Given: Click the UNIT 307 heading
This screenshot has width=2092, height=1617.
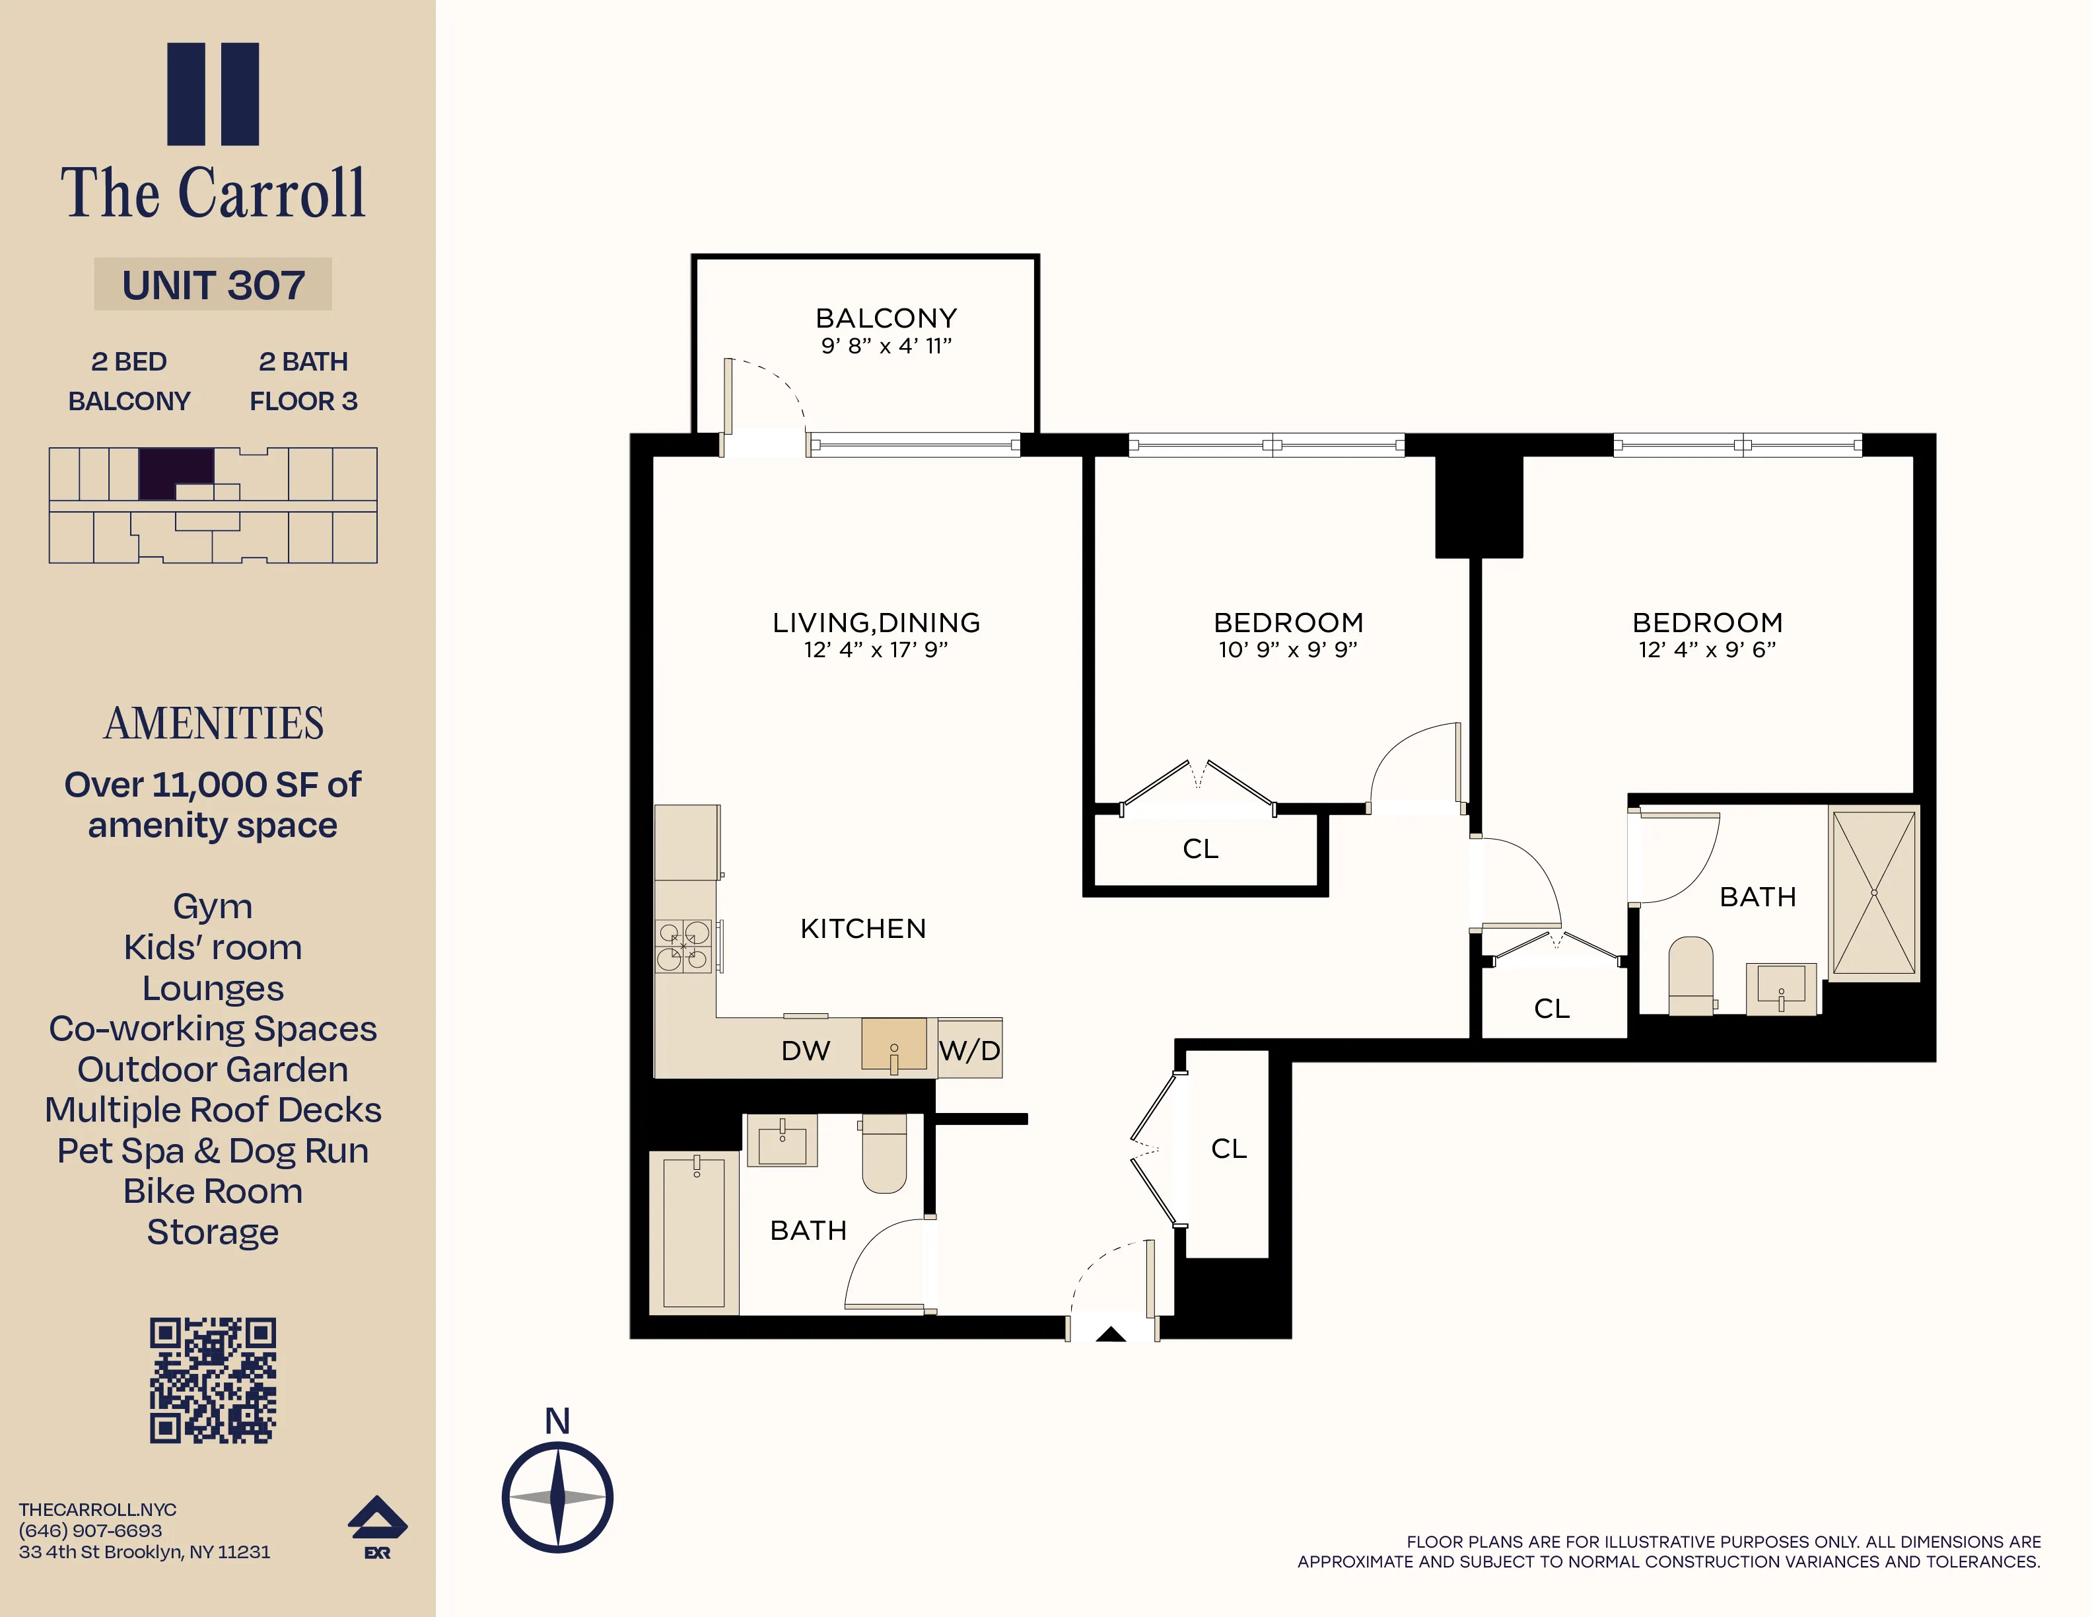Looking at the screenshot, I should pyautogui.click(x=213, y=285).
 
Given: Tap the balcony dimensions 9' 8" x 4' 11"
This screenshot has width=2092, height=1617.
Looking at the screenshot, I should pyautogui.click(x=886, y=346).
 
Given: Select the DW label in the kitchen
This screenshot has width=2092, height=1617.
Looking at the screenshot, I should pyautogui.click(x=804, y=1051).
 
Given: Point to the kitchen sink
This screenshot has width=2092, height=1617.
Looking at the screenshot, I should pyautogui.click(x=893, y=1045).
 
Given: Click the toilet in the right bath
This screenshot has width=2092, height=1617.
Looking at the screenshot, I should pyautogui.click(x=1691, y=974).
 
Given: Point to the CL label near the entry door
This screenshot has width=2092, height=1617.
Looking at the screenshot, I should pyautogui.click(x=1228, y=1149).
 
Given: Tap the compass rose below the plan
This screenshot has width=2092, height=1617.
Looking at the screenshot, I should pyautogui.click(x=557, y=1497).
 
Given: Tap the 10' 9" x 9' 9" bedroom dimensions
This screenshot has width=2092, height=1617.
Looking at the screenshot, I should pyautogui.click(x=1288, y=649).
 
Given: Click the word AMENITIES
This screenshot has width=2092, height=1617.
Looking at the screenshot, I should pyautogui.click(x=213, y=723).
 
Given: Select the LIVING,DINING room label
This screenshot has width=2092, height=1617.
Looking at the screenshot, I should pyautogui.click(x=876, y=623).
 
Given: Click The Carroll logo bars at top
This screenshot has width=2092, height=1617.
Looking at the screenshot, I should pyautogui.click(x=213, y=94).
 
